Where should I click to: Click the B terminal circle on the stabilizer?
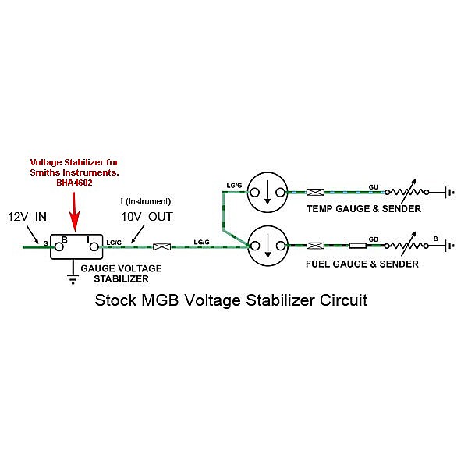tap(58, 246)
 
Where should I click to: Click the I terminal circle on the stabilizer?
tap(95, 246)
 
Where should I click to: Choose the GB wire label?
tap(374, 238)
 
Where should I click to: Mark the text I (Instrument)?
tap(146, 201)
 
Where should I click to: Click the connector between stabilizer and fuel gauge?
tap(163, 246)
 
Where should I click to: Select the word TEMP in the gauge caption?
tap(320, 209)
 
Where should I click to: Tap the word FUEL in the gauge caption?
tap(320, 264)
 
